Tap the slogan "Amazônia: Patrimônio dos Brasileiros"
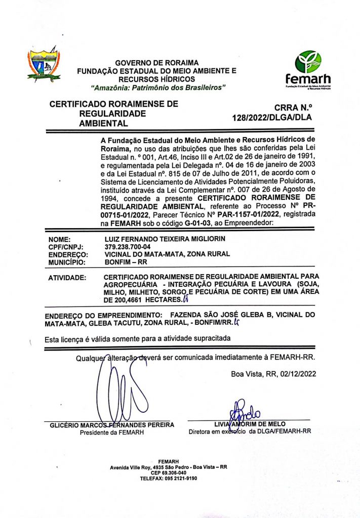[x=157, y=88]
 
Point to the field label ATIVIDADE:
[x=67, y=278]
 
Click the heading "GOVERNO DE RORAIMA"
[x=156, y=63]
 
